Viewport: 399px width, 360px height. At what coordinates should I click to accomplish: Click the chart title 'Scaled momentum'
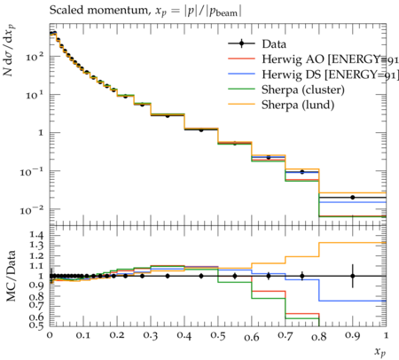tap(98, 10)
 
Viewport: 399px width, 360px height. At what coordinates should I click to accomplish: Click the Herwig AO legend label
tap(331, 59)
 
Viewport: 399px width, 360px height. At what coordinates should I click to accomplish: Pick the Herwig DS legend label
tap(331, 74)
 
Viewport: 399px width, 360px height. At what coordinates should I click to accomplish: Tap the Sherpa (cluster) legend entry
tap(303, 90)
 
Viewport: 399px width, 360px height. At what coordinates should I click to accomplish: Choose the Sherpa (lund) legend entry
tap(298, 105)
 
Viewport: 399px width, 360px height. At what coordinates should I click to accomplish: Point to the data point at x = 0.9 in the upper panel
tap(353, 197)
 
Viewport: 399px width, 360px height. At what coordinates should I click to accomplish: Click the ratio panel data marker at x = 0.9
tap(353, 276)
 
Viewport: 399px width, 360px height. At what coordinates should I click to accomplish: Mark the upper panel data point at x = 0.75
tap(302, 172)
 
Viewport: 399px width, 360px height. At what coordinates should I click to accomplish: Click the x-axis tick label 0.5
tap(218, 336)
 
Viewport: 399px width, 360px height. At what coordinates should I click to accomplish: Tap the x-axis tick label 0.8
tap(319, 336)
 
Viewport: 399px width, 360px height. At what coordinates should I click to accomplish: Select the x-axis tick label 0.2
tap(117, 336)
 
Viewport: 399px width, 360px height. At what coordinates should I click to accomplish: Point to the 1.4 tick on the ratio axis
tap(36, 236)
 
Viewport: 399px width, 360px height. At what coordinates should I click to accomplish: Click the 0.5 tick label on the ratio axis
tap(36, 325)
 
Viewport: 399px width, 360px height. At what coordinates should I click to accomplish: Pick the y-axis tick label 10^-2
tap(32, 209)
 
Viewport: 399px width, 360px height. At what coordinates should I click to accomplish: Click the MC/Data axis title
tap(11, 276)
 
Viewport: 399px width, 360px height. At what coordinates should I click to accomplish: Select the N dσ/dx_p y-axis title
tap(10, 50)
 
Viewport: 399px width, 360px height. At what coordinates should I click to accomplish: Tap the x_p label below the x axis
tap(380, 352)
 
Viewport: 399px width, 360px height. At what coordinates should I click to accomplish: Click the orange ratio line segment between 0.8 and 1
tap(353, 243)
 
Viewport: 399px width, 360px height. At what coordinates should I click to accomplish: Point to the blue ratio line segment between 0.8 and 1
tap(353, 301)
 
